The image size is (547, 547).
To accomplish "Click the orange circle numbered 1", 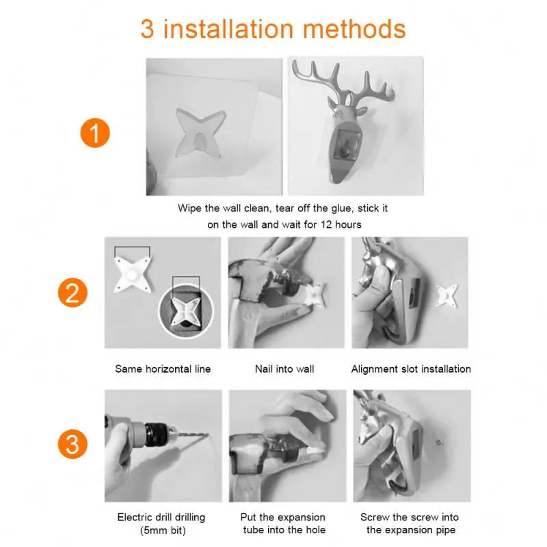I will coord(95,132).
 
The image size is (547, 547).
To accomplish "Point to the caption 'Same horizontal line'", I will coord(163,369).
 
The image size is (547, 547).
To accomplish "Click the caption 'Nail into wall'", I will coord(284,369).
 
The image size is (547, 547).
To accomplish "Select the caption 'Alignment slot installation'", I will coord(411,369).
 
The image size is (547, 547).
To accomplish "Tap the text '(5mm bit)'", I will coord(161,530).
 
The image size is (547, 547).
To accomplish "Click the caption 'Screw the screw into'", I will coord(410,517).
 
